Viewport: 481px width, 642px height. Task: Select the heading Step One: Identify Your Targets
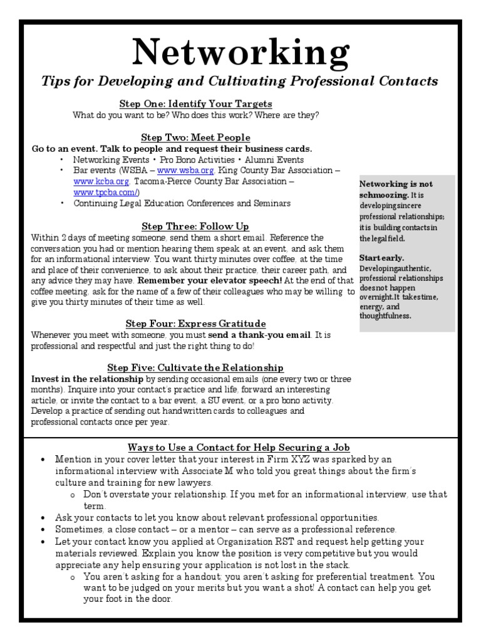click(x=195, y=103)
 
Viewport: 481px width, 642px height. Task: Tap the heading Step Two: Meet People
click(x=195, y=137)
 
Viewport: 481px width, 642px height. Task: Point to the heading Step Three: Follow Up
click(x=195, y=226)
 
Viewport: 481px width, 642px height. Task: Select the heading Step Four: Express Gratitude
click(x=195, y=324)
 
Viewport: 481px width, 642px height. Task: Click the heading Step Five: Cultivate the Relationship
click(x=195, y=367)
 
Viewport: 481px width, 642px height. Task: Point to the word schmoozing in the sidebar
click(x=384, y=195)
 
